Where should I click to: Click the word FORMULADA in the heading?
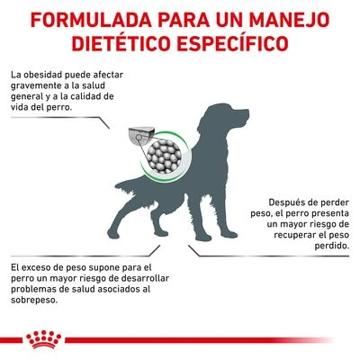pyautogui.click(x=82, y=18)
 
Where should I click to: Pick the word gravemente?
pyautogui.click(x=39, y=86)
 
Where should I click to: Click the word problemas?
pyautogui.click(x=38, y=290)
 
